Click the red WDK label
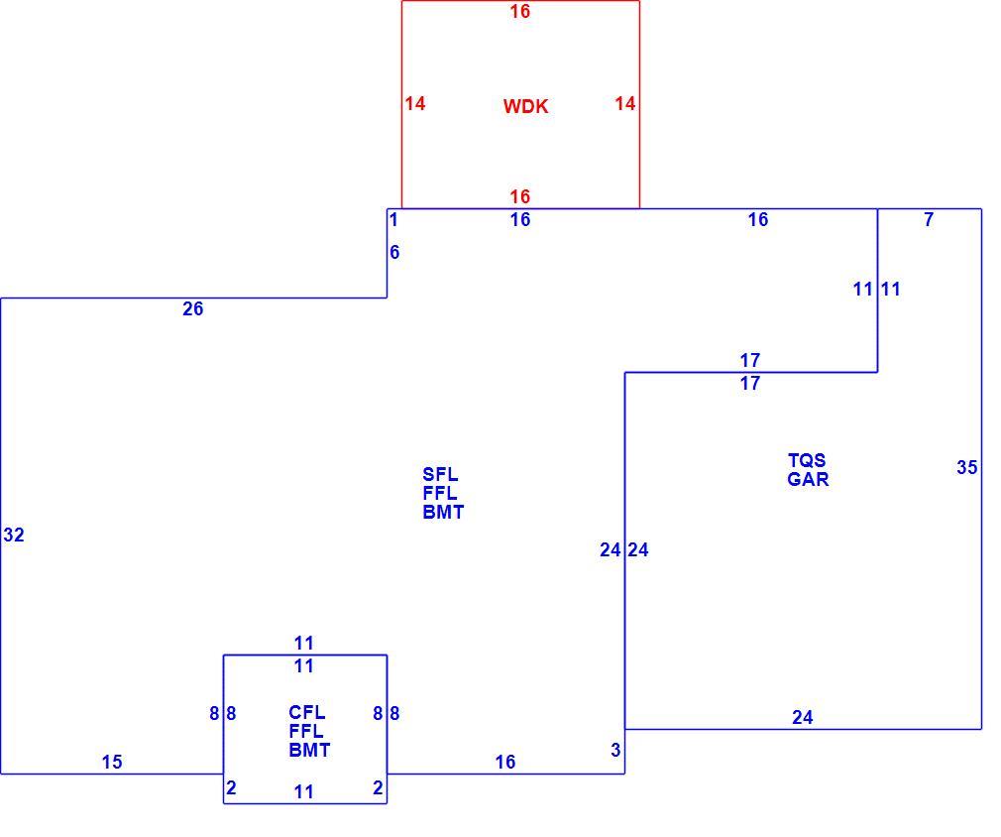pyautogui.click(x=525, y=106)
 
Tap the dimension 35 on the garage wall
pyautogui.click(x=966, y=468)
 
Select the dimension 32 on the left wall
pyautogui.click(x=14, y=535)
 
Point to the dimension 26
pyautogui.click(x=193, y=308)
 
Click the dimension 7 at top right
pyautogui.click(x=929, y=220)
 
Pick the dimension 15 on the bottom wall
pyautogui.click(x=112, y=762)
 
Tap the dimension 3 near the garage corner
pyautogui.click(x=615, y=750)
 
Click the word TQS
pyautogui.click(x=807, y=460)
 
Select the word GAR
pyautogui.click(x=808, y=479)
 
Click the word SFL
pyautogui.click(x=440, y=474)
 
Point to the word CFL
pyautogui.click(x=306, y=712)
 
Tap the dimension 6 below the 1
pyautogui.click(x=394, y=252)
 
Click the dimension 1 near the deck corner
pyautogui.click(x=393, y=220)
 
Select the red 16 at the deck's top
pyautogui.click(x=519, y=12)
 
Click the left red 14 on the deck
pyautogui.click(x=415, y=103)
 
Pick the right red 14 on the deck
pyautogui.click(x=625, y=103)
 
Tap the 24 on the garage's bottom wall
pyautogui.click(x=803, y=718)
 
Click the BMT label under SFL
pyautogui.click(x=443, y=512)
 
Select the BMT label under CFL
pyautogui.click(x=309, y=750)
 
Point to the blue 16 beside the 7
pyautogui.click(x=758, y=220)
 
